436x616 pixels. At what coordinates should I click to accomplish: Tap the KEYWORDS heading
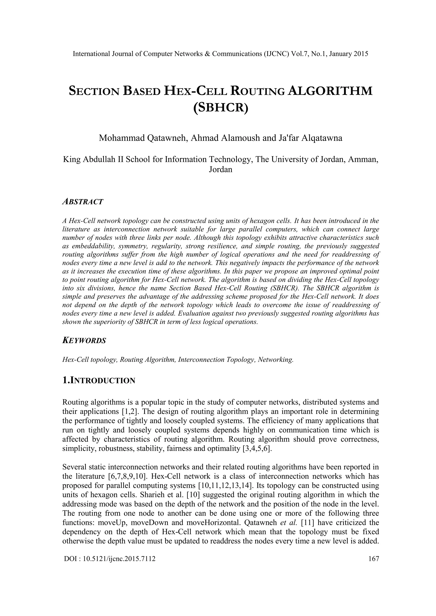click(84, 341)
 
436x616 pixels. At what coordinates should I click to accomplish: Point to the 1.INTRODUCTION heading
click(99, 381)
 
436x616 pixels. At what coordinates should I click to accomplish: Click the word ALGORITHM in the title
click(330, 91)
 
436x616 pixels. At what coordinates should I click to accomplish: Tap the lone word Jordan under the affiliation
click(220, 170)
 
